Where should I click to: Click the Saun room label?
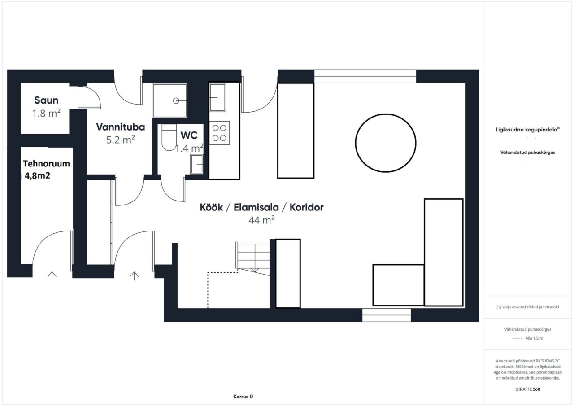pos(46,100)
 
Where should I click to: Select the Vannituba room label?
pos(121,127)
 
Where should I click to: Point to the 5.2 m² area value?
pos(121,140)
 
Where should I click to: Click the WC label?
pos(189,135)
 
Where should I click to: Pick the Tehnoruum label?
pos(46,164)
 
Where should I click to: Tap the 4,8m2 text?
pos(37,176)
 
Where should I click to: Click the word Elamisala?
pos(256,207)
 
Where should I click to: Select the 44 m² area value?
pos(261,220)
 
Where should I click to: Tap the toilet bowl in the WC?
pos(169,138)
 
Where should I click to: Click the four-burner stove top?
pos(219,133)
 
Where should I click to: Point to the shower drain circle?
pos(176,101)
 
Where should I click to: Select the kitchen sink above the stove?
pos(217,97)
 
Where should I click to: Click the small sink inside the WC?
pos(197,164)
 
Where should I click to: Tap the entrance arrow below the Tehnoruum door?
pos(52,275)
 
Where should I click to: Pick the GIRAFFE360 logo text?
pos(528,389)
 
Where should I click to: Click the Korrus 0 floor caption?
pos(243,397)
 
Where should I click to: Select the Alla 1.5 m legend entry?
pos(534,338)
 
